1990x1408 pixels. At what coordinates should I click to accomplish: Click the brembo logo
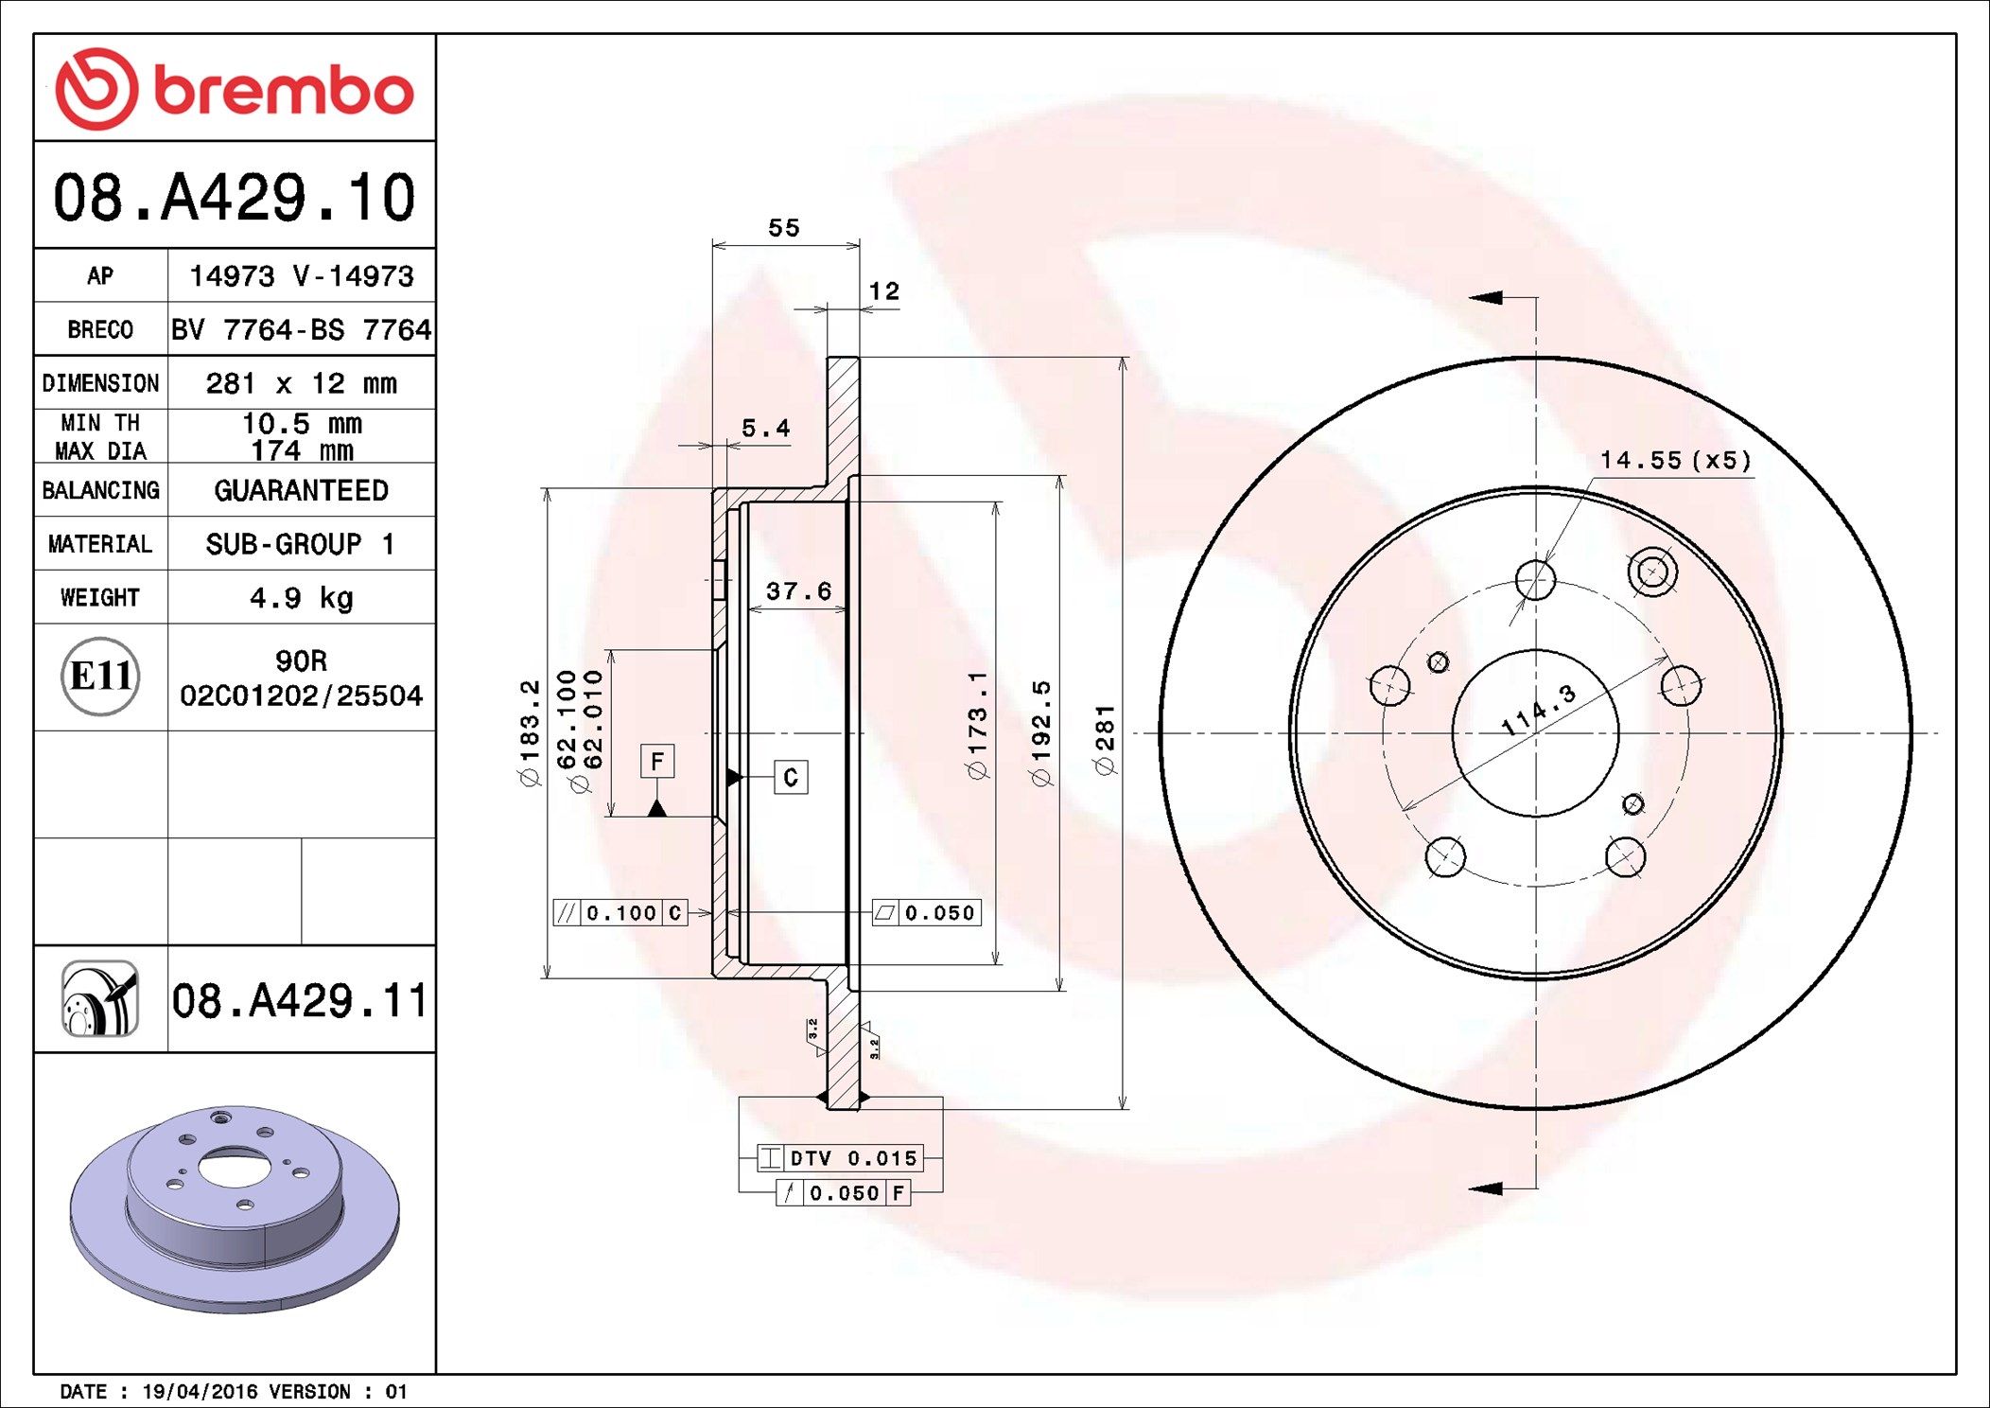235,89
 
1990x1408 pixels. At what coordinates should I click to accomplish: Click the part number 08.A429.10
235,198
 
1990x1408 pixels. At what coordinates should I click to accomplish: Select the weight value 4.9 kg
301,598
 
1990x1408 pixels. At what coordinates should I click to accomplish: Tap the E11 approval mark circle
100,677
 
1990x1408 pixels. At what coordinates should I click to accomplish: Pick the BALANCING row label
100,490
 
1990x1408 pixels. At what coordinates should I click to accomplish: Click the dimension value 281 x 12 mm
301,383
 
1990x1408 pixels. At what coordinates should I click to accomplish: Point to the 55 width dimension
783,228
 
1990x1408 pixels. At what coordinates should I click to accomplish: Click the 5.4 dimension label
765,429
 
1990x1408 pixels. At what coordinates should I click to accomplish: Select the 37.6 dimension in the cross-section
798,591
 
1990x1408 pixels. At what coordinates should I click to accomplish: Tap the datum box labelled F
657,762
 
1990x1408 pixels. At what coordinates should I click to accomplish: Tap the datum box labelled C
791,778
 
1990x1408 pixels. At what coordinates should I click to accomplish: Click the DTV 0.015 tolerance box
840,1158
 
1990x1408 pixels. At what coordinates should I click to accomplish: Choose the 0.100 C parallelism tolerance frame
620,913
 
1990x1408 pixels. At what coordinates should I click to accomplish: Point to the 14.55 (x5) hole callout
1675,461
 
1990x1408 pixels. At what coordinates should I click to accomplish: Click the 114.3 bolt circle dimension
1539,710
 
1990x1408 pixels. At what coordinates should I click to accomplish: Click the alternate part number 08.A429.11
300,1001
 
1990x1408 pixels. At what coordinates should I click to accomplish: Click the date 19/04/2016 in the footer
200,1392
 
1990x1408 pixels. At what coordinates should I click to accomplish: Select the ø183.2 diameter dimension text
530,733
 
